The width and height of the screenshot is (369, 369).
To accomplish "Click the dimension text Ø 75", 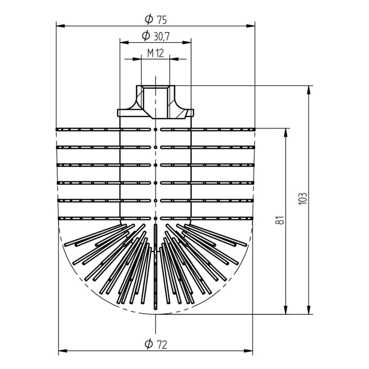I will click(x=156, y=20).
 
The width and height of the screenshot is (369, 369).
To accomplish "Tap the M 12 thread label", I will click(x=156, y=53).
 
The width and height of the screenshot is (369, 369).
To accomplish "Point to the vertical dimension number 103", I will click(x=302, y=199).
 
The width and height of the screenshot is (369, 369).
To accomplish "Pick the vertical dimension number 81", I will click(x=280, y=220).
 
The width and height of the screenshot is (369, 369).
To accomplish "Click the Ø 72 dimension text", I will click(x=156, y=345).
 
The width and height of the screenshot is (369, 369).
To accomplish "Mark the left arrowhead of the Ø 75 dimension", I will click(x=60, y=25).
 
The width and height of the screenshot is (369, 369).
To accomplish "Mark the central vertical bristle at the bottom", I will click(x=156, y=274).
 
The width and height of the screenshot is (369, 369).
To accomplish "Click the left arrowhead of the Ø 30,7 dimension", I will click(x=123, y=42).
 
